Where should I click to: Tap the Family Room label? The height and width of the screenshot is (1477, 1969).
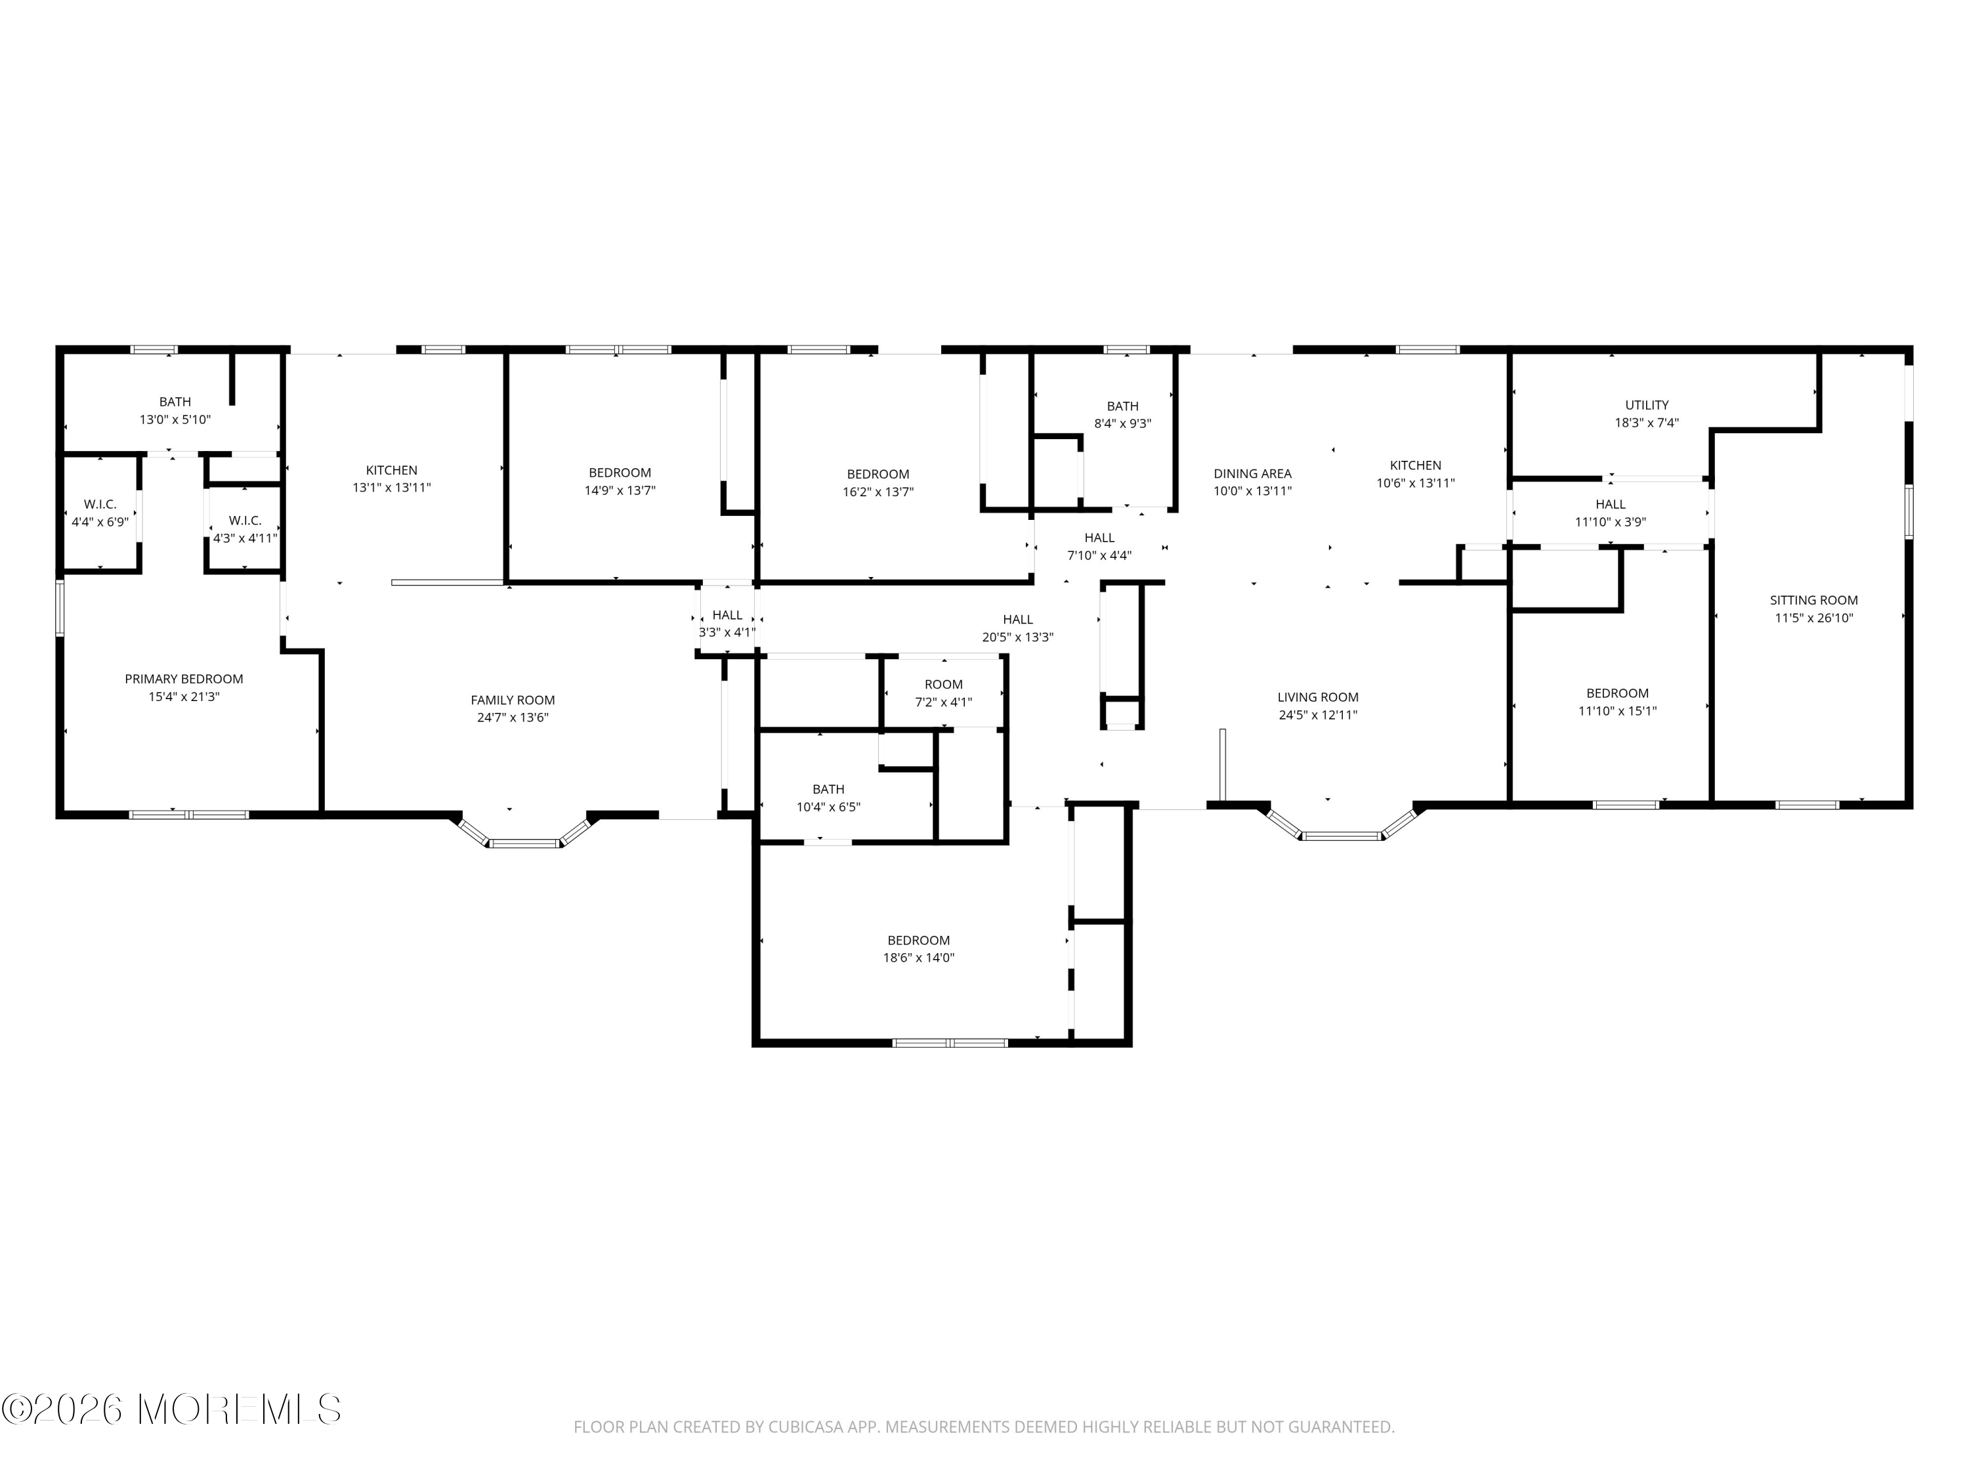coord(513,700)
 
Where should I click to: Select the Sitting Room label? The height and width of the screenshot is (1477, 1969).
coord(1813,600)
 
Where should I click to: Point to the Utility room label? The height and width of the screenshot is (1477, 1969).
coord(1647,405)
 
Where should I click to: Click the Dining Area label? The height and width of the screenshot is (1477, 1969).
coord(1252,474)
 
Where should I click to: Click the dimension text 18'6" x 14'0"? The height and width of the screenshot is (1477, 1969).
coord(919,958)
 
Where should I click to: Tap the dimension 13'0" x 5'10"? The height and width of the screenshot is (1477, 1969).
coord(175,419)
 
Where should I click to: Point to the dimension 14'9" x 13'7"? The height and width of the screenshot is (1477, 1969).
coord(620,490)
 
